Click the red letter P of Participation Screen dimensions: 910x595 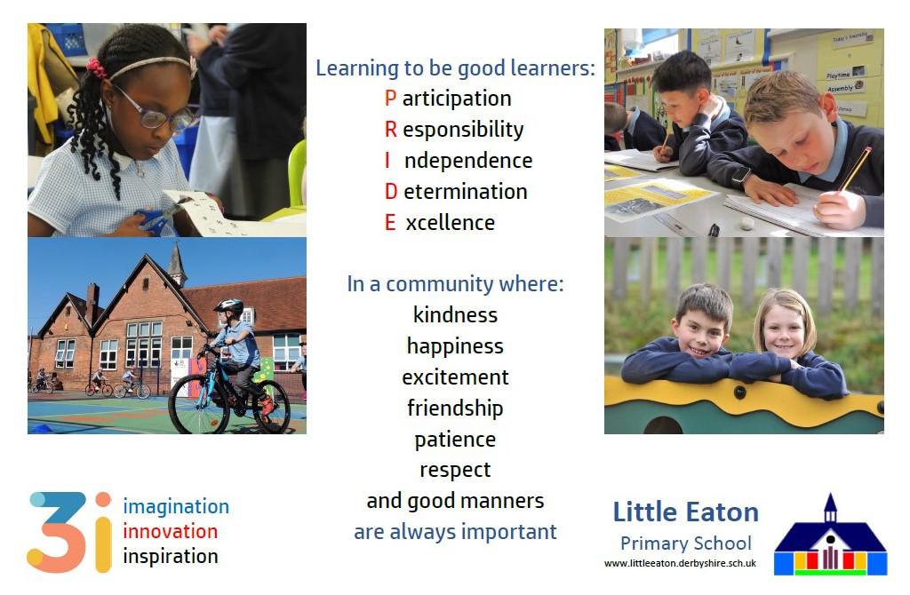pos(390,98)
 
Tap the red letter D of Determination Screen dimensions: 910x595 pos(391,191)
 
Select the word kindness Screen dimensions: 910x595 pos(455,314)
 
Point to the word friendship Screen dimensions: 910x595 pos(455,409)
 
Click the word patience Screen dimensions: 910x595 pos(455,440)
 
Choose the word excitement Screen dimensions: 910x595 pos(455,377)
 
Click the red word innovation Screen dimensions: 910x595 pos(170,531)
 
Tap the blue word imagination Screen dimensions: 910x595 pos(176,506)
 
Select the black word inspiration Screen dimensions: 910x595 pos(171,556)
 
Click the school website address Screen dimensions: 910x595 pos(680,563)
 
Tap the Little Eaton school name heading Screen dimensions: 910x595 pos(685,512)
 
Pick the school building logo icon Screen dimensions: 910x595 pos(830,535)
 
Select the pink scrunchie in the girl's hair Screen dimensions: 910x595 pos(96,68)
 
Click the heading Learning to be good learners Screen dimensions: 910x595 pos(456,67)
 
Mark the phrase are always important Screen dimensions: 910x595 pos(455,531)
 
